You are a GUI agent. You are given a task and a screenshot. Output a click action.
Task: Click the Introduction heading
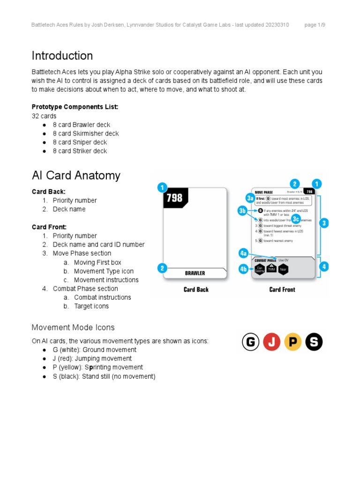pyautogui.click(x=62, y=56)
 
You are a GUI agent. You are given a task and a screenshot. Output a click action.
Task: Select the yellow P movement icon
pyautogui.click(x=293, y=342)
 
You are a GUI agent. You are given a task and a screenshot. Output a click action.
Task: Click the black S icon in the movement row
pyautogui.click(x=314, y=342)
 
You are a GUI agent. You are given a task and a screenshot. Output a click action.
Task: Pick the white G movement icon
pyautogui.click(x=250, y=342)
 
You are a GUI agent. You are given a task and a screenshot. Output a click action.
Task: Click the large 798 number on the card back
pyautogui.click(x=174, y=198)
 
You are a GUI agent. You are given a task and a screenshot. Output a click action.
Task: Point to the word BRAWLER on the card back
pyautogui.click(x=195, y=273)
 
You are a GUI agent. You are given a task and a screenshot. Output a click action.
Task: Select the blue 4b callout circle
pyautogui.click(x=243, y=269)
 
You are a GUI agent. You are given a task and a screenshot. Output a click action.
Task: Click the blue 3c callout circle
pyautogui.click(x=296, y=219)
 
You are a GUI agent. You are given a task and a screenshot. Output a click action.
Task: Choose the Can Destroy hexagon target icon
pyautogui.click(x=259, y=270)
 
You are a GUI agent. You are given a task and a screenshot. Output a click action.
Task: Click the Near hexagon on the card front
pyautogui.click(x=284, y=270)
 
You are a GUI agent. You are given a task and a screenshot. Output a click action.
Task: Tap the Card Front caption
pyautogui.click(x=282, y=290)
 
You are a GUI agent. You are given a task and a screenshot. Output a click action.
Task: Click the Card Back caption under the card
pyautogui.click(x=196, y=290)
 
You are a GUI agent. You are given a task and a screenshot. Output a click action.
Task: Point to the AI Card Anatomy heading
pyautogui.click(x=76, y=175)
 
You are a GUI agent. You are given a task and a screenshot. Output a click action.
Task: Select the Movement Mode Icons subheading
pyautogui.click(x=73, y=327)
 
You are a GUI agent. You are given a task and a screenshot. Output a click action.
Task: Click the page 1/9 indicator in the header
pyautogui.click(x=315, y=25)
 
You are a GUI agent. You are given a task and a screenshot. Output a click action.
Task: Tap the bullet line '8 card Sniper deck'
pyautogui.click(x=80, y=142)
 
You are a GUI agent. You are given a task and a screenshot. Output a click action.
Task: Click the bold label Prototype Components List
pyautogui.click(x=75, y=107)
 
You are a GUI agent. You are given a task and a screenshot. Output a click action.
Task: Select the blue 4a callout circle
pyautogui.click(x=243, y=253)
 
